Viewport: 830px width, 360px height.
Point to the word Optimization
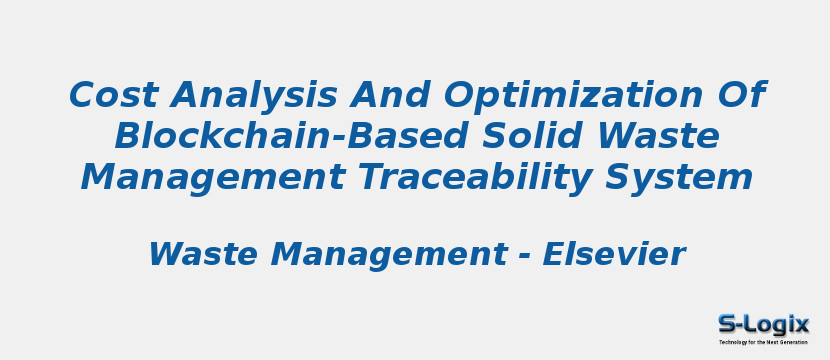[569, 96]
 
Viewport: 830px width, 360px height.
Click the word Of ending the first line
[742, 96]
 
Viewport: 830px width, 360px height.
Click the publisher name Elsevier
[613, 255]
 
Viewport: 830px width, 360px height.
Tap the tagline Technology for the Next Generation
[763, 342]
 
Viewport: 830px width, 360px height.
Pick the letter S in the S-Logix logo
[727, 324]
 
